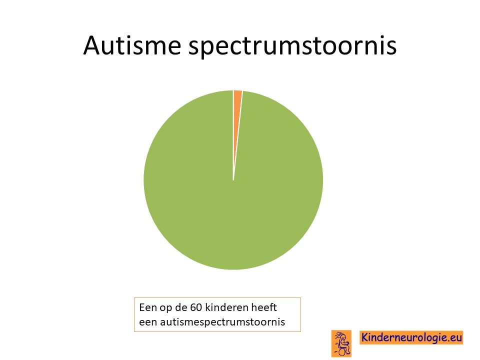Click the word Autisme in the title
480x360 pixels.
point(132,45)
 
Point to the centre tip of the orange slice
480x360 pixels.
point(233,180)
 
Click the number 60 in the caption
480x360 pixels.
point(196,307)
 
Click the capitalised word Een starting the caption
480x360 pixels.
point(147,307)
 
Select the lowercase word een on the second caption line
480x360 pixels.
point(148,322)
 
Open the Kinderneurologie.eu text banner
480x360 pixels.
point(411,337)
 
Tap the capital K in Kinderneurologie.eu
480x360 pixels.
point(365,337)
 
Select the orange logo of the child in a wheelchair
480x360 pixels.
point(341,343)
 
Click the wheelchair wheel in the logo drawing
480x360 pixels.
point(342,351)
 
